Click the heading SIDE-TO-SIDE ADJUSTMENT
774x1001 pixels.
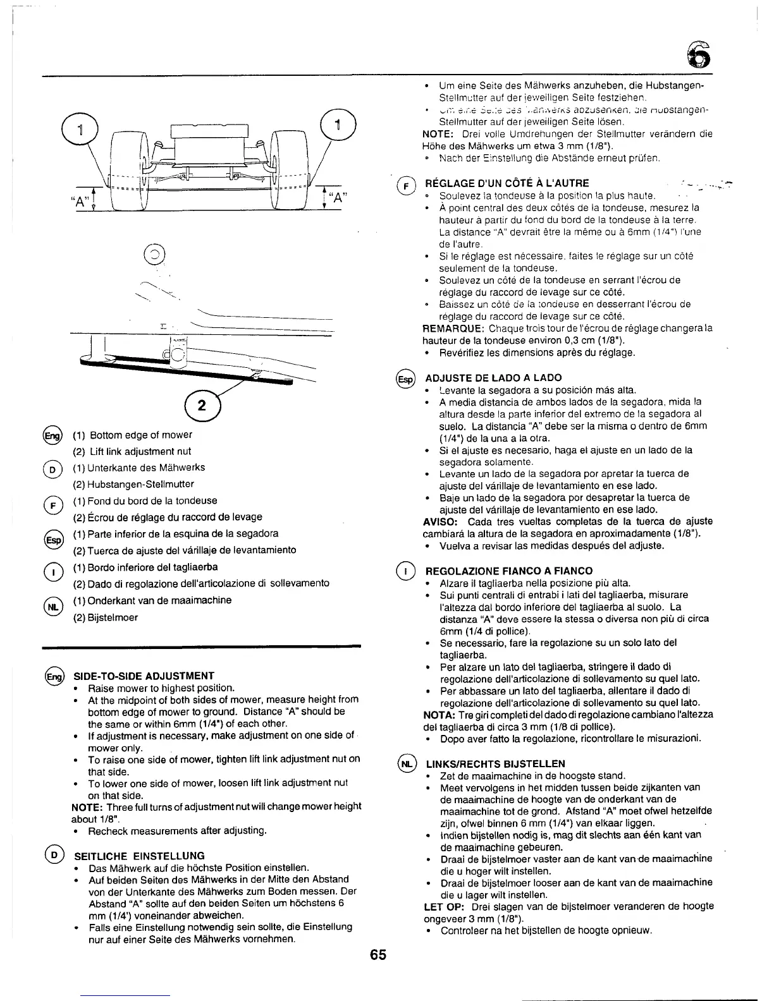point(144,676)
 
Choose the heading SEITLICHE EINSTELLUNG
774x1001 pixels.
point(140,856)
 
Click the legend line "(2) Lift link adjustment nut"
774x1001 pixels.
point(132,451)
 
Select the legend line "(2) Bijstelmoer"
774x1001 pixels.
point(106,617)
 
